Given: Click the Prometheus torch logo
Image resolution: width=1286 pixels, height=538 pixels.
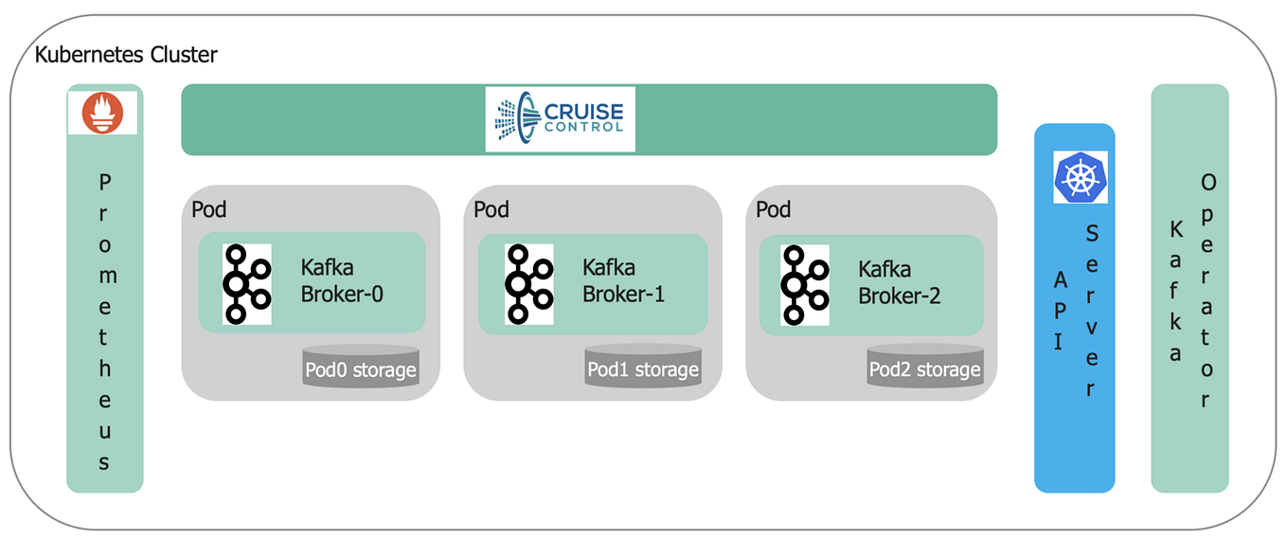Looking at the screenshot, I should (x=102, y=113).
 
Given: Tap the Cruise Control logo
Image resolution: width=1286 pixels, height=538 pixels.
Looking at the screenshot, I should (x=560, y=119).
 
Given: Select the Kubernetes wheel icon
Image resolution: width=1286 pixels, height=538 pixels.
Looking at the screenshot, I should (x=1080, y=177).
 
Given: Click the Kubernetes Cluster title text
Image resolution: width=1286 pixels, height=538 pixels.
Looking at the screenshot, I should (x=126, y=55).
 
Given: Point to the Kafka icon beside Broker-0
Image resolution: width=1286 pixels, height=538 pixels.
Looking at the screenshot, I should (x=246, y=284).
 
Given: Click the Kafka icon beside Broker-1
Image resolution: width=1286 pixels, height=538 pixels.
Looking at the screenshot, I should (x=528, y=284).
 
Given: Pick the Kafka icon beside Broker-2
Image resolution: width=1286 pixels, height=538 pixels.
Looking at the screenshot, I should (x=804, y=284).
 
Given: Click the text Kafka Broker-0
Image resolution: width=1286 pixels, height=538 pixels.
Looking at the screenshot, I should (x=342, y=280).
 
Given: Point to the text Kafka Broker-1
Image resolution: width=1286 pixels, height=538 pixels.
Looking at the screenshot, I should (x=623, y=280).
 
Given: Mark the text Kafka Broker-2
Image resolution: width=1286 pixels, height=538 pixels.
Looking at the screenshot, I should (x=900, y=280).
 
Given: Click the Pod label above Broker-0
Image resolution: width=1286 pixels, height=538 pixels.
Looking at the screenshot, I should (x=209, y=209).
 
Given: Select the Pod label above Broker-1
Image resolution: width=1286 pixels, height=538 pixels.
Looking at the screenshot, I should (x=491, y=209).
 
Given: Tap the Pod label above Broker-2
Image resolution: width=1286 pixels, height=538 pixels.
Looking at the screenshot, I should (x=774, y=209).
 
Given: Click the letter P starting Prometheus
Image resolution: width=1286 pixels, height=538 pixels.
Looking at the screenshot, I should (x=104, y=182).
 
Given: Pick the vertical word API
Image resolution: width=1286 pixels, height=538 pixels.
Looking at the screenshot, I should (x=1060, y=307).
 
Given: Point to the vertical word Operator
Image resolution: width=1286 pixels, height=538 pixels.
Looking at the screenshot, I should (x=1206, y=290).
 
